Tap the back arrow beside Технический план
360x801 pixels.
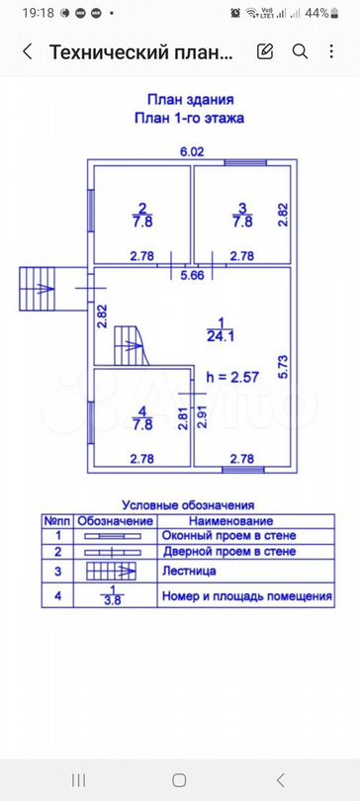pos(27,52)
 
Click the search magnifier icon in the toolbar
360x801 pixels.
pos(300,52)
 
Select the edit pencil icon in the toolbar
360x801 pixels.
pos(265,52)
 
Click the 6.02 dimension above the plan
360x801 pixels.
pos(191,151)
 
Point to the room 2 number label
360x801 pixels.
pos(142,208)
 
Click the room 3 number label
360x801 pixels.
pos(242,208)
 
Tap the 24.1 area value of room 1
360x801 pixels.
pos(221,334)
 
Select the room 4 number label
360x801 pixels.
pos(142,411)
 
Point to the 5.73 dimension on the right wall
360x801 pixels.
pos(283,368)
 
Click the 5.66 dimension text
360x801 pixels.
pos(191,275)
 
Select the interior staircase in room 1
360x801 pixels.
pos(128,347)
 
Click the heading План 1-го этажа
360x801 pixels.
pos(191,117)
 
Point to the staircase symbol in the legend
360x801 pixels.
pos(116,571)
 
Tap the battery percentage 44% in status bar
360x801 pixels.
pos(316,13)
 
